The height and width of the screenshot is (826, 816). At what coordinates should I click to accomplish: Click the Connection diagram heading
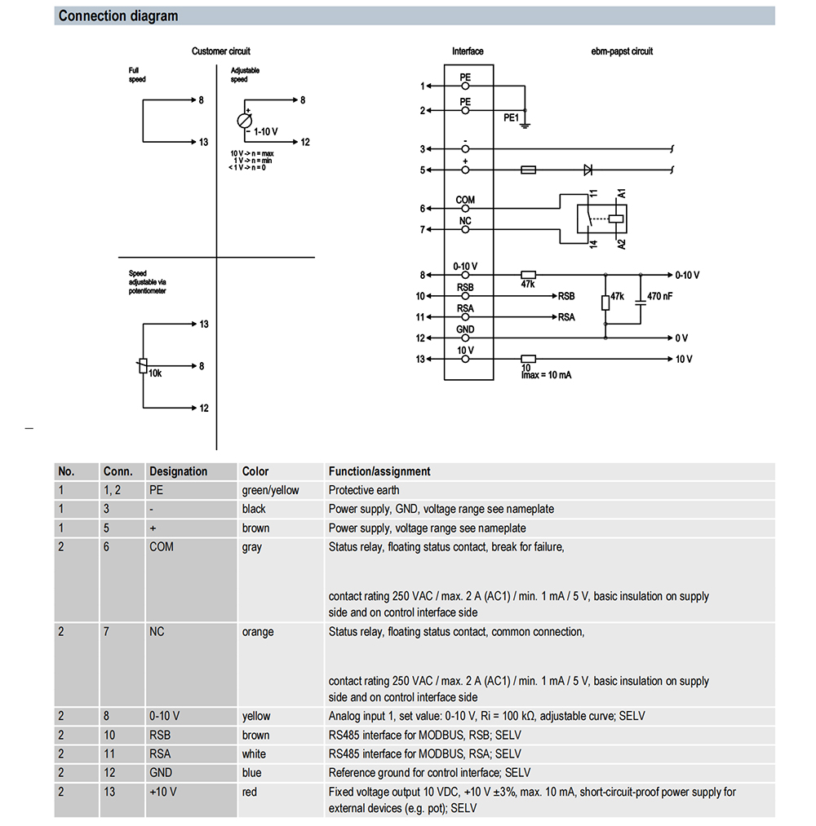[118, 16]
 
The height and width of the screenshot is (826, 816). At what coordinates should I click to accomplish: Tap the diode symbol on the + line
[588, 170]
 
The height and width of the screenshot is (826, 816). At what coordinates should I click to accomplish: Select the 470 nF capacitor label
[660, 296]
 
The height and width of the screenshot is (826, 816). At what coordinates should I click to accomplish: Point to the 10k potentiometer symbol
[143, 365]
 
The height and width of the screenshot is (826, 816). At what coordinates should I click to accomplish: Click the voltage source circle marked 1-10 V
[244, 121]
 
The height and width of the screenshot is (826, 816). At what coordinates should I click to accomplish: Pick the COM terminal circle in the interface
[465, 209]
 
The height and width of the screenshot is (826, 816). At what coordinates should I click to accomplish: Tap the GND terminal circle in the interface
[465, 338]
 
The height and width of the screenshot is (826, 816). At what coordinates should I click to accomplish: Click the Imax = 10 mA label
[546, 375]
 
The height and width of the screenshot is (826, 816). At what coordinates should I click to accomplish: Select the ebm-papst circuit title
[622, 51]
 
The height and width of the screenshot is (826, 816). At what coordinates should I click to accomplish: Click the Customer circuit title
[221, 51]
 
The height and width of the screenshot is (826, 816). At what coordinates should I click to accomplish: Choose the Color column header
[255, 471]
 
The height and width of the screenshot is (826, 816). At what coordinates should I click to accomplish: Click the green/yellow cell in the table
[270, 490]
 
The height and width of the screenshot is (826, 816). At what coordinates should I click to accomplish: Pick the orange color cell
[258, 632]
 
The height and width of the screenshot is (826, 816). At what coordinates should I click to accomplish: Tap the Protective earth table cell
[364, 490]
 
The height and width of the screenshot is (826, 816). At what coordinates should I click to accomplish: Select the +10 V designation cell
[163, 792]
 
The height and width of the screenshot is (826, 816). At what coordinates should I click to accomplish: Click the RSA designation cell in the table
[160, 753]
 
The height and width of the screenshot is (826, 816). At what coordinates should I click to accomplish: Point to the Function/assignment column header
[379, 471]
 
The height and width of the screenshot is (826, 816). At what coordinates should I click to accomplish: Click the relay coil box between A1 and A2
[616, 219]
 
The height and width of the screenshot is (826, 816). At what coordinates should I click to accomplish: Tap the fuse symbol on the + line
[528, 170]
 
